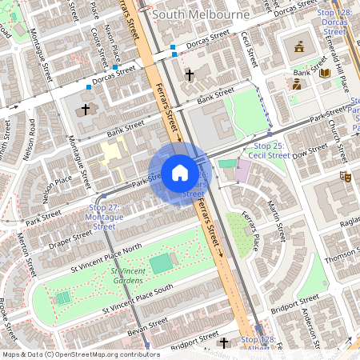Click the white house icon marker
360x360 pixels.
click(180, 173)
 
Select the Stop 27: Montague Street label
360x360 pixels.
click(105, 217)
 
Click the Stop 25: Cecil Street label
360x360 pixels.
click(271, 151)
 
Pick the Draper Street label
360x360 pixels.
click(70, 238)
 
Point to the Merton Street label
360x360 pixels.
click(22, 253)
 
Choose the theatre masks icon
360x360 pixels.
click(346, 176)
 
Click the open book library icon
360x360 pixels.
click(325, 73)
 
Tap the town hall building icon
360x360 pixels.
click(299, 46)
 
